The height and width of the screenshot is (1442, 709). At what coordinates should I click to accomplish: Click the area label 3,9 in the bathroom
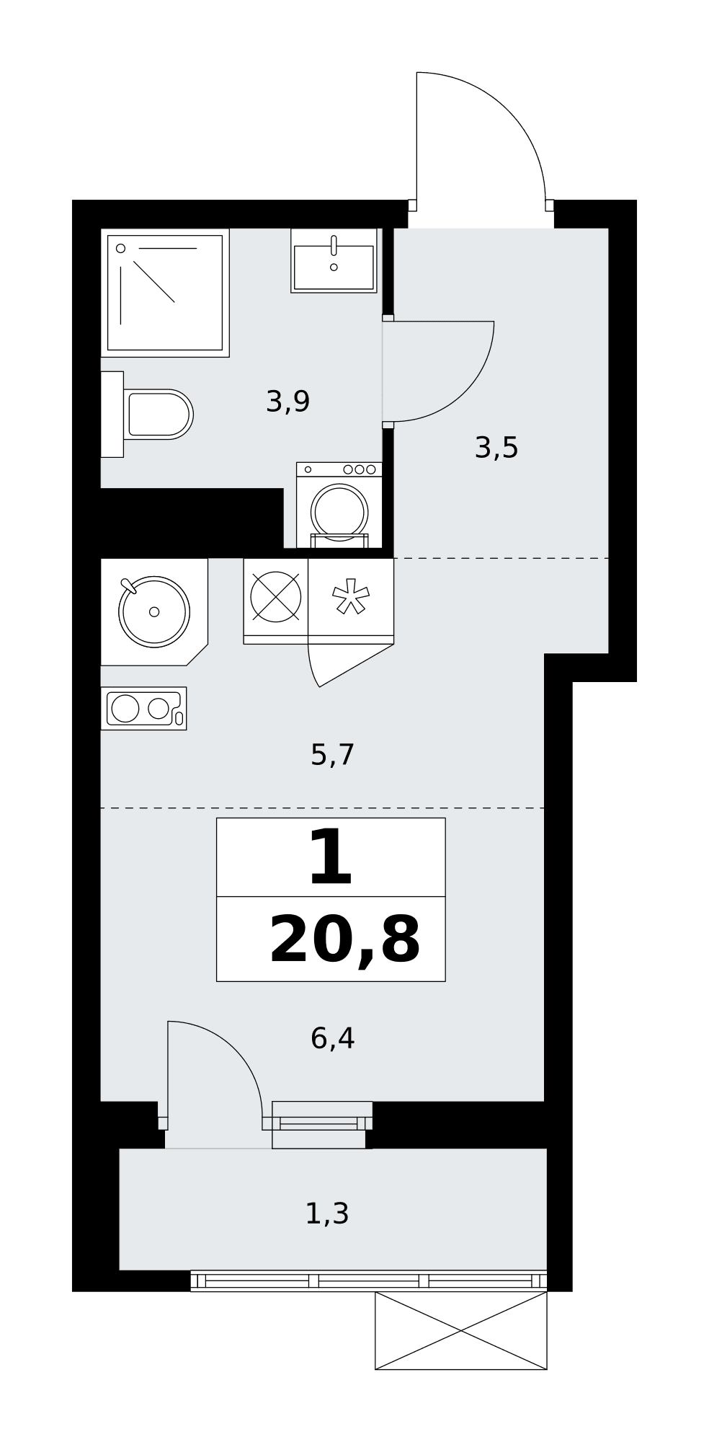tap(287, 402)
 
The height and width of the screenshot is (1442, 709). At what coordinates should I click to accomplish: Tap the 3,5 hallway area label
tap(496, 448)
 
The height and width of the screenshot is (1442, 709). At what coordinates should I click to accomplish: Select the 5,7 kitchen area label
tap(332, 755)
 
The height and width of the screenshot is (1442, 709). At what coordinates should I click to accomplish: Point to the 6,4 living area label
tap(332, 1038)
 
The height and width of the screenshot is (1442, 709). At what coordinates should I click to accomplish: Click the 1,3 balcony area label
tap(327, 1213)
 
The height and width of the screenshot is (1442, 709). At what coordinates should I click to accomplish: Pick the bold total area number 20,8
tap(344, 939)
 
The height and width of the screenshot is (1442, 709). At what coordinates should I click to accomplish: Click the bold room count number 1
tap(331, 857)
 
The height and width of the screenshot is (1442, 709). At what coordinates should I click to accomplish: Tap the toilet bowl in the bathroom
tap(158, 414)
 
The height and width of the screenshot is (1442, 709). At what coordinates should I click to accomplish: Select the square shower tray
tap(165, 293)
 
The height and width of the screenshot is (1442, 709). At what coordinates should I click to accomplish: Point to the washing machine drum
tap(339, 512)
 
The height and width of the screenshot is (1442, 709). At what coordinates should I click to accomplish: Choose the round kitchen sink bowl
tap(154, 611)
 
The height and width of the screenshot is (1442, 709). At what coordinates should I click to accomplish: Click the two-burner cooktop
tap(143, 708)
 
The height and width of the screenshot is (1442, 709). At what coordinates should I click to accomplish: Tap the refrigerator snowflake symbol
tap(351, 596)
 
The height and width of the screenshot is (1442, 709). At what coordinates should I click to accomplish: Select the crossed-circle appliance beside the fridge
tap(275, 597)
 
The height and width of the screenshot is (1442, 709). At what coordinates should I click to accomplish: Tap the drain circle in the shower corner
tap(120, 248)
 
